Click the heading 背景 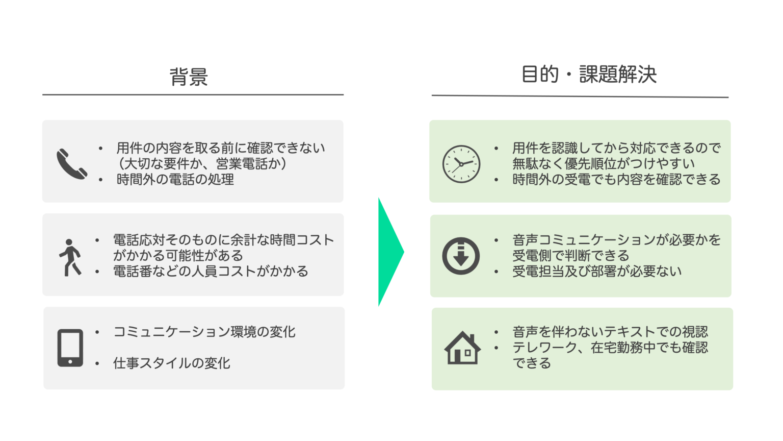coord(189,77)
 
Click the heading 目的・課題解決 coord(589,74)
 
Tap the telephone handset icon coord(72,164)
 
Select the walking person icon coord(70,258)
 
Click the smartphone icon coord(70,348)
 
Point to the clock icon coord(461,164)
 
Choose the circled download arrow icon coord(461,256)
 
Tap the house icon coord(462,348)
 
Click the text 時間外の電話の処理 coord(175,180)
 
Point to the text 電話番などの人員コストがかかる coord(211,271)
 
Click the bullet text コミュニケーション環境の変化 coord(204,332)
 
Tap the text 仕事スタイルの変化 coord(172,363)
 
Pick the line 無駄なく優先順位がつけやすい coord(604,164)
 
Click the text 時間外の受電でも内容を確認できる coord(617,180)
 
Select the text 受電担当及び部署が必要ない coord(597,271)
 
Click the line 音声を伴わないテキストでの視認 coord(610,332)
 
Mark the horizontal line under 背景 coord(193,94)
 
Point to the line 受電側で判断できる coord(571,256)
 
